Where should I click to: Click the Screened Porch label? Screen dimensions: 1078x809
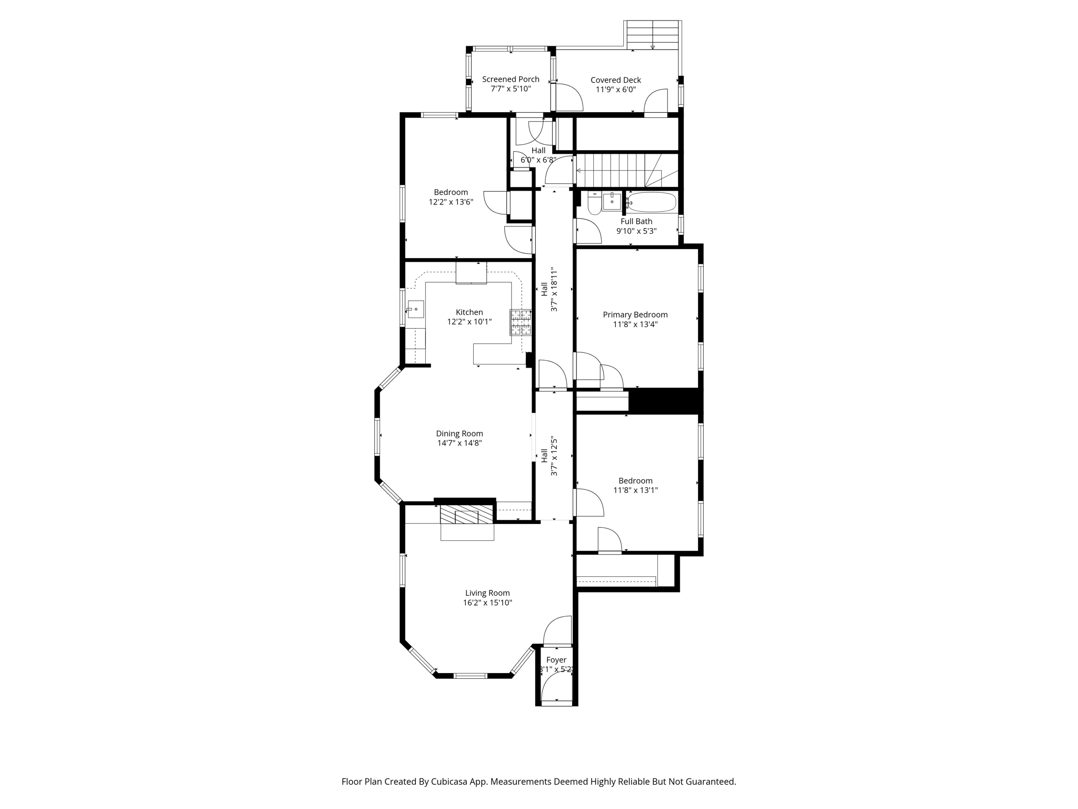pyautogui.click(x=511, y=80)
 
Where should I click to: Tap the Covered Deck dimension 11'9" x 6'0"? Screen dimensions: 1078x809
pyautogui.click(x=616, y=90)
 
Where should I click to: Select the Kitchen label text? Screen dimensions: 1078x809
pyautogui.click(x=469, y=312)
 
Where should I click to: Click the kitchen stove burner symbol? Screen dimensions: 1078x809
pyautogui.click(x=520, y=322)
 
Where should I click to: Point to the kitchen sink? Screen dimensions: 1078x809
pyautogui.click(x=415, y=309)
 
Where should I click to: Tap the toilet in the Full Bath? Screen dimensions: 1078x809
pyautogui.click(x=594, y=203)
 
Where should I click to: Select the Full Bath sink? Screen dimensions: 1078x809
pyautogui.click(x=612, y=201)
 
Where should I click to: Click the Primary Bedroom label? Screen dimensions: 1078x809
pyautogui.click(x=635, y=315)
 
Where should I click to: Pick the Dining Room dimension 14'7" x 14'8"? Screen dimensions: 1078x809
pyautogui.click(x=460, y=443)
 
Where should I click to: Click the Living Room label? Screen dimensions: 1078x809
pyautogui.click(x=487, y=593)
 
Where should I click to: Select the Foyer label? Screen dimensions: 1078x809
pyautogui.click(x=556, y=660)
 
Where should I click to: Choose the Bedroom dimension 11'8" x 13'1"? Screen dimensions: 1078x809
pyautogui.click(x=636, y=490)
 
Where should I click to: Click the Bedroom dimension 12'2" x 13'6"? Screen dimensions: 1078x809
pyautogui.click(x=451, y=202)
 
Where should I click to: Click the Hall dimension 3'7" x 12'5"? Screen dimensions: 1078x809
pyautogui.click(x=554, y=456)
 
